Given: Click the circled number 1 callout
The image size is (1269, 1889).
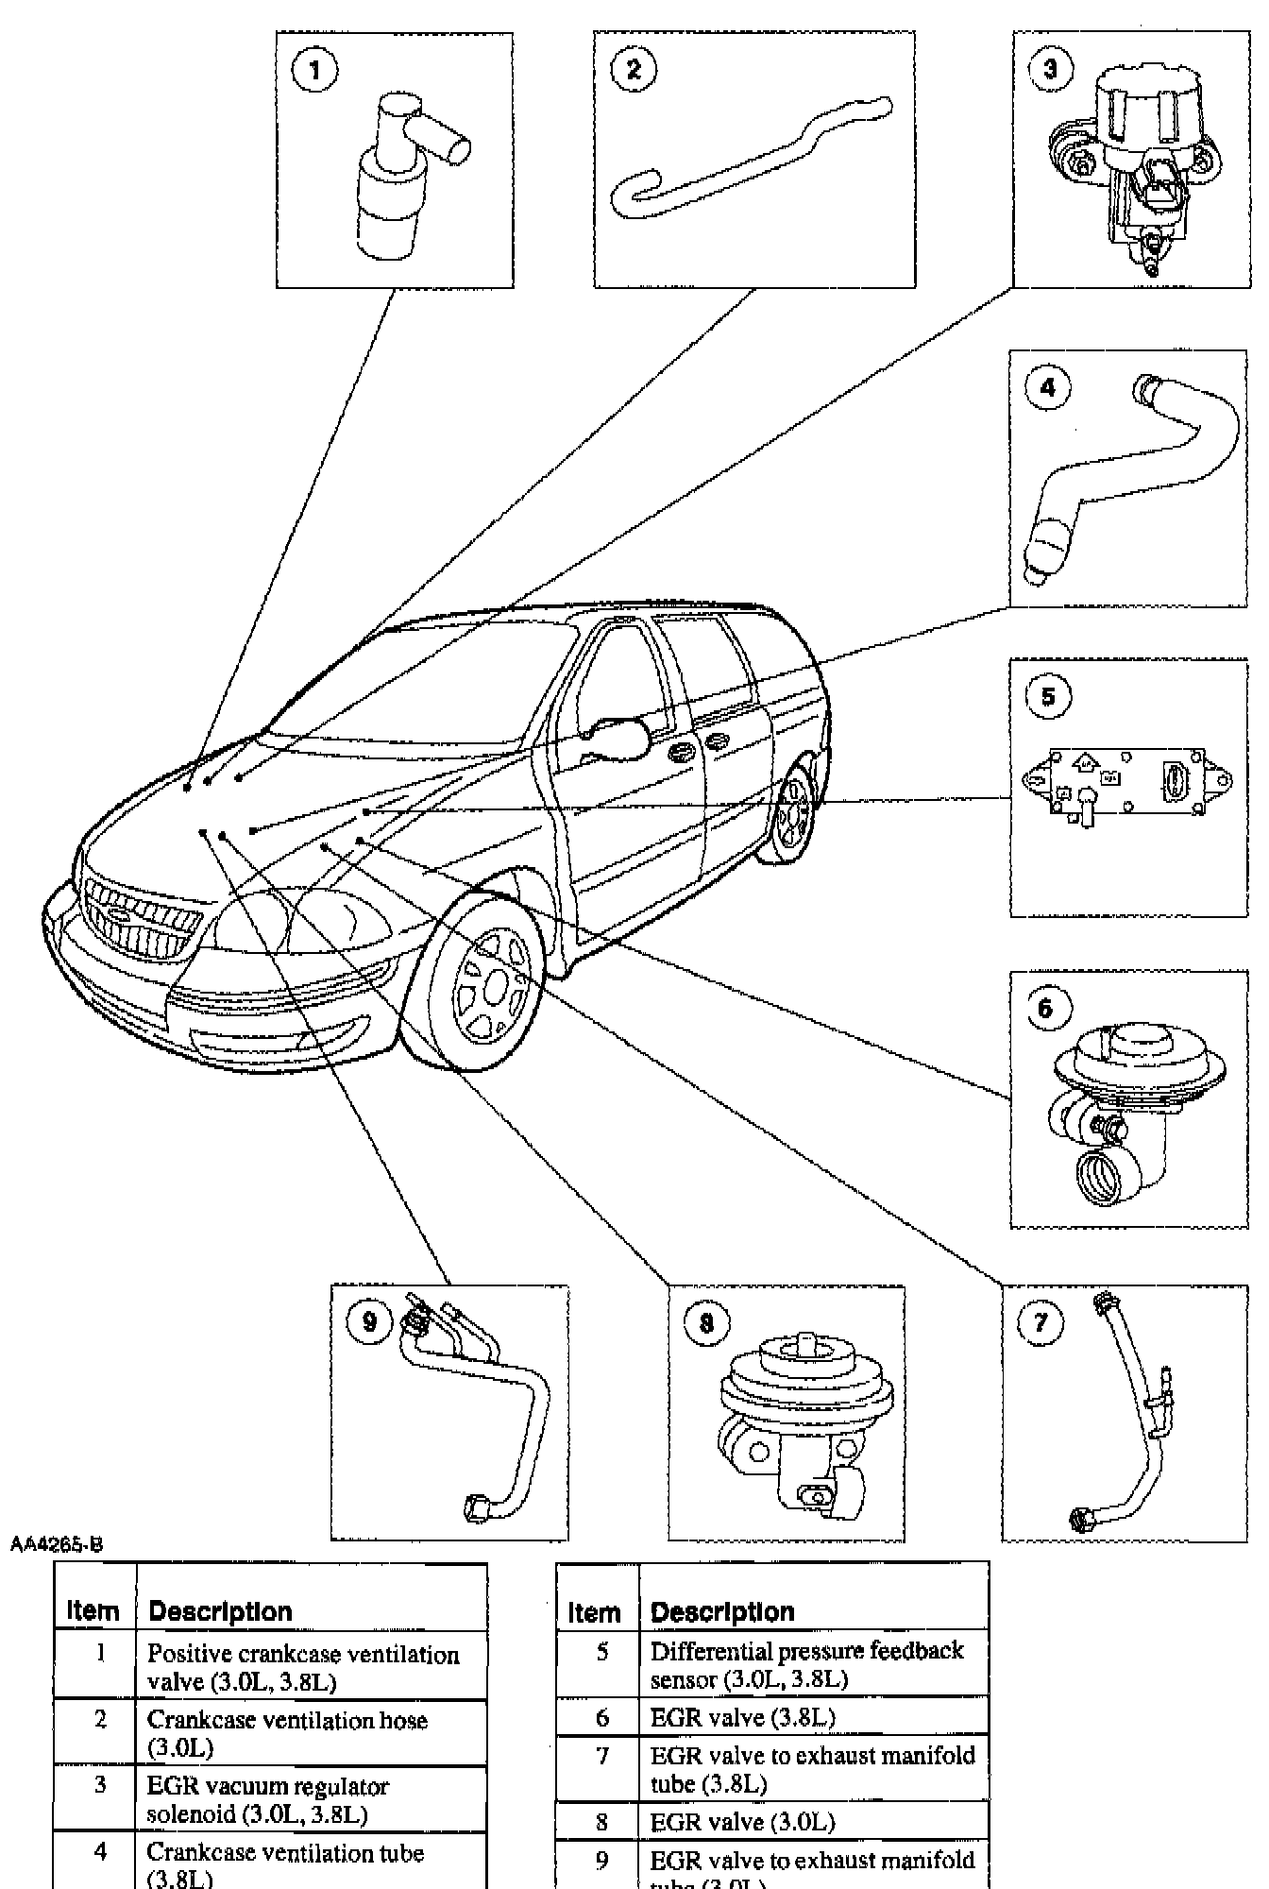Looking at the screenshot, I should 315,70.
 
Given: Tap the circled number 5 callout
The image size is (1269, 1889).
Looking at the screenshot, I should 1048,697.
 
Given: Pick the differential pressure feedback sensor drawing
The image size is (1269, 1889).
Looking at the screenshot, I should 1128,783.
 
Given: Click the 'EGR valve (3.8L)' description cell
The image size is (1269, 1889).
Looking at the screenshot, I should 742,1717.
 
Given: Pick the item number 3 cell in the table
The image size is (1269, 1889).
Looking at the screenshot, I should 99,1785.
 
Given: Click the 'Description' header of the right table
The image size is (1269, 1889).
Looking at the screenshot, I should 722,1612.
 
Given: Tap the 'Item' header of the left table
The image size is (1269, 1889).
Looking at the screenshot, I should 93,1611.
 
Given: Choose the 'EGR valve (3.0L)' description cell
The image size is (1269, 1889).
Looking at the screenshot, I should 742,1821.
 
